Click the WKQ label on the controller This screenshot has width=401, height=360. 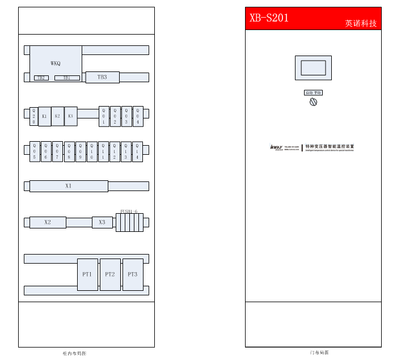click(x=55, y=63)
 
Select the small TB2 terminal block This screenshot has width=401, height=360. click(x=41, y=78)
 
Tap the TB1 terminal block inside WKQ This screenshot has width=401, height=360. click(x=67, y=78)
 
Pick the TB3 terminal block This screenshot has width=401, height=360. click(x=102, y=77)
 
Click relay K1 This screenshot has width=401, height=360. click(x=44, y=116)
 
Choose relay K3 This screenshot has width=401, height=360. click(x=70, y=116)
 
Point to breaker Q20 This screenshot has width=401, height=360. click(x=33, y=116)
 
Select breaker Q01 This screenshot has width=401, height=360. click(x=104, y=116)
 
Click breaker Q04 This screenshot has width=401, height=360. click(x=138, y=116)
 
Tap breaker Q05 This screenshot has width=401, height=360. click(x=35, y=151)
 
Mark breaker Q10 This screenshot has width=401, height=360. click(x=92, y=151)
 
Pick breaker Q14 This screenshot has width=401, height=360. click(x=137, y=151)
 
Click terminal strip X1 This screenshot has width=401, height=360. click(x=69, y=186)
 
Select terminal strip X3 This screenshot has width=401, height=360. click(x=102, y=222)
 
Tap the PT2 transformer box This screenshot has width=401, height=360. click(x=110, y=274)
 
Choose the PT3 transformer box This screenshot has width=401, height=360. click(x=133, y=274)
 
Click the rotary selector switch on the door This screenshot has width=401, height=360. click(x=313, y=102)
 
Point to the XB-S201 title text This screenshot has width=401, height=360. click(x=269, y=18)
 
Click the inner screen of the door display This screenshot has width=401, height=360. click(x=313, y=68)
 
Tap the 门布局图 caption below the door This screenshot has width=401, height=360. click(x=319, y=353)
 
